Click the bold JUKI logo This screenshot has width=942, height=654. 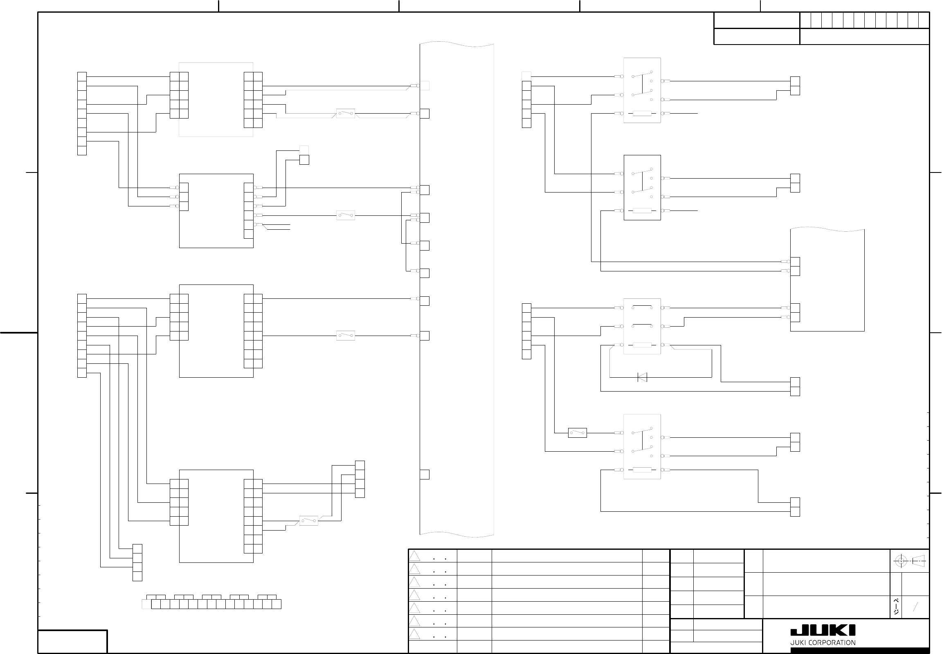(823, 631)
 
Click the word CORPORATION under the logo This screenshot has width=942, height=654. (836, 643)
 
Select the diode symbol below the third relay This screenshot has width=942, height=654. (642, 377)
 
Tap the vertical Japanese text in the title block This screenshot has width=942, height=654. (897, 607)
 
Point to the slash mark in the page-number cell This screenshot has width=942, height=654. (915, 607)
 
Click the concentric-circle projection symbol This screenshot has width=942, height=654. (901, 561)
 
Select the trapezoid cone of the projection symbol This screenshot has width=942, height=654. (919, 561)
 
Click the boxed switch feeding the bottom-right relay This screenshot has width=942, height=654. (578, 433)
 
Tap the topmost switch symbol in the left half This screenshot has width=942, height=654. (345, 113)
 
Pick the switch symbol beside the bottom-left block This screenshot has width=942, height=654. (308, 521)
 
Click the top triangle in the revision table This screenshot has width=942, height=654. (415, 556)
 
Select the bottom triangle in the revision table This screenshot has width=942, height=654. (415, 634)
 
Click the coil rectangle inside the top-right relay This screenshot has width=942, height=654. (642, 114)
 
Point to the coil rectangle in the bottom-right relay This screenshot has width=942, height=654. (642, 470)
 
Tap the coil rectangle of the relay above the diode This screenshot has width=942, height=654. (642, 345)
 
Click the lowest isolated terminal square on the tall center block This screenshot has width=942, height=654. (425, 475)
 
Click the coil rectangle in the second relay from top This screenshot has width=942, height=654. (642, 211)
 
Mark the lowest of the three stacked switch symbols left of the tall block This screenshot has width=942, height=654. (345, 336)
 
